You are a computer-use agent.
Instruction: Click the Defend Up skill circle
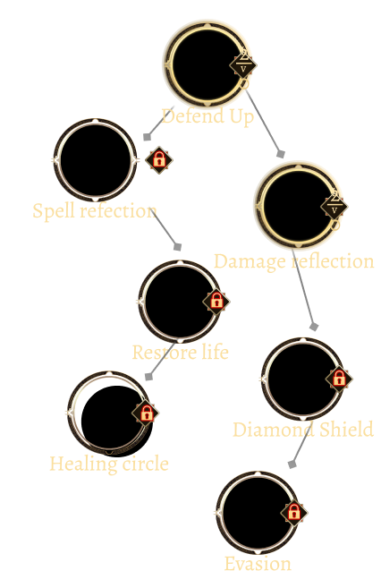click(x=207, y=64)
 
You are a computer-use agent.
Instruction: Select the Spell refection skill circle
click(x=96, y=160)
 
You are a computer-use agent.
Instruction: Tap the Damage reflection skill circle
click(x=298, y=206)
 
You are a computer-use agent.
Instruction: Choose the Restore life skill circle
click(x=180, y=302)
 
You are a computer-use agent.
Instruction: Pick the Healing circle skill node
click(x=109, y=413)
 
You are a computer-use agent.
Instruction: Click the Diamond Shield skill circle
click(x=303, y=379)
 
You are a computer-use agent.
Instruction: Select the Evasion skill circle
click(x=258, y=513)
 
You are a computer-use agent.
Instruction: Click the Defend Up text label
click(x=207, y=116)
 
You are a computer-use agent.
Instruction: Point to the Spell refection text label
click(x=95, y=211)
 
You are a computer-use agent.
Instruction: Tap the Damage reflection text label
click(x=293, y=262)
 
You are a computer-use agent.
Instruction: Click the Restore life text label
click(x=180, y=353)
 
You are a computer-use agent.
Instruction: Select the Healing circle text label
click(x=109, y=464)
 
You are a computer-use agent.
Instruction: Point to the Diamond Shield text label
click(x=303, y=430)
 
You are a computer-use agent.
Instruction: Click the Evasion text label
click(x=258, y=563)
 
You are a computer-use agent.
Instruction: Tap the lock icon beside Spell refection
click(x=158, y=160)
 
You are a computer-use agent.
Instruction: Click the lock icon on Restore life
click(x=216, y=301)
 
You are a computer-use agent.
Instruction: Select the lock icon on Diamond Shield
click(x=339, y=379)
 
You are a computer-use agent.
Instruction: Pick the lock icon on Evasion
click(x=293, y=512)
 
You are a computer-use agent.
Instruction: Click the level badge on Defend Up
click(x=243, y=65)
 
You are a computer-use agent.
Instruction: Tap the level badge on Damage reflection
click(x=334, y=207)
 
